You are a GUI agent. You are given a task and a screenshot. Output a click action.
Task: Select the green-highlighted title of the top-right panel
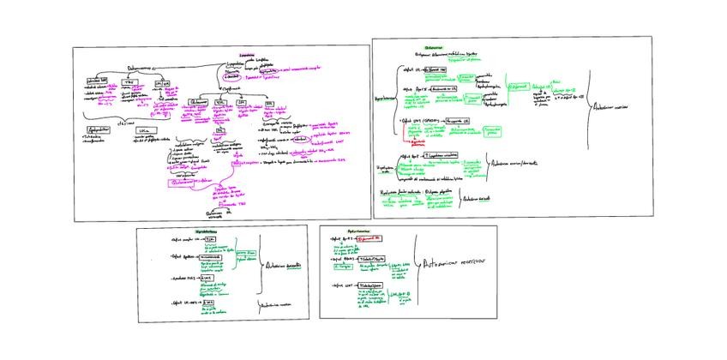coord(433,47)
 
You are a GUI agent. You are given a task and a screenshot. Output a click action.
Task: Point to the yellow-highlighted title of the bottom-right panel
coord(359,231)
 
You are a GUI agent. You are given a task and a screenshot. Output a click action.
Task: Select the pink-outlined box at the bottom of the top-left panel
coord(190,182)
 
